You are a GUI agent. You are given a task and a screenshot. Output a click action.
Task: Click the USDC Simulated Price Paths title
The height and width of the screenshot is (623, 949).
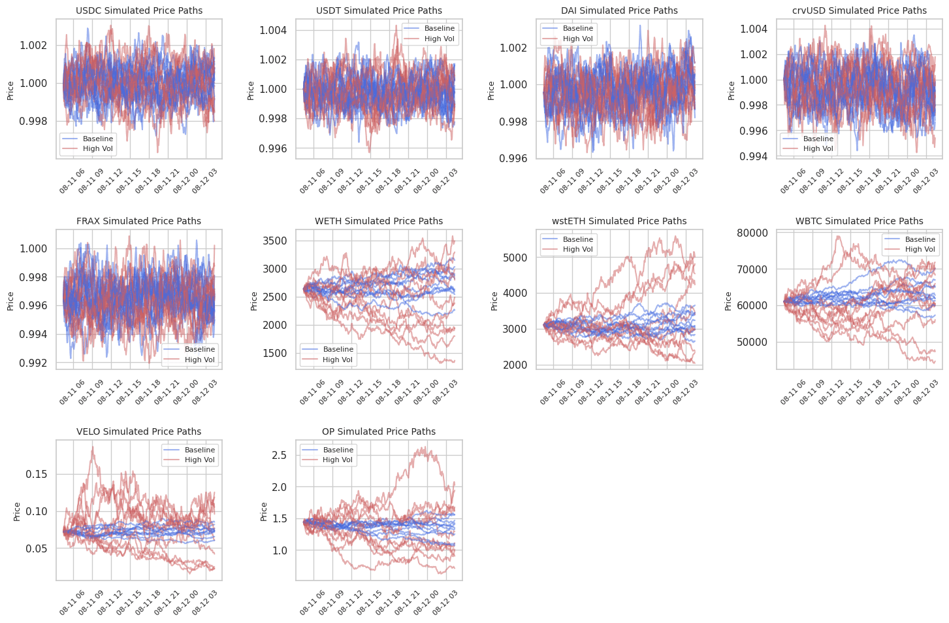click(x=139, y=10)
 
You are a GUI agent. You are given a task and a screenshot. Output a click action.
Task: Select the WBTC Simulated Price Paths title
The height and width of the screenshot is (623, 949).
click(x=860, y=221)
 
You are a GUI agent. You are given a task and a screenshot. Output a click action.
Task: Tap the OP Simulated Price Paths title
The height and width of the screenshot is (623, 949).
click(x=379, y=431)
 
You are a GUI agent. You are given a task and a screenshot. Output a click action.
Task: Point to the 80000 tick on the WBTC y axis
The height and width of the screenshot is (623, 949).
click(x=754, y=233)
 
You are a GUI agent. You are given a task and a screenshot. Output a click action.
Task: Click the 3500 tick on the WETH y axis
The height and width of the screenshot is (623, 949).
click(x=274, y=241)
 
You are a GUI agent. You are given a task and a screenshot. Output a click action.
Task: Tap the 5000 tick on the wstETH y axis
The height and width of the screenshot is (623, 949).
click(x=514, y=258)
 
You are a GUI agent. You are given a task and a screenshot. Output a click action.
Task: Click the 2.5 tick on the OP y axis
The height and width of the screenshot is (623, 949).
click(x=279, y=455)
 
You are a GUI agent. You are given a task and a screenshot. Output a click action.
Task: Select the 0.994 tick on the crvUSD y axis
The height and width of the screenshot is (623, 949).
click(x=754, y=156)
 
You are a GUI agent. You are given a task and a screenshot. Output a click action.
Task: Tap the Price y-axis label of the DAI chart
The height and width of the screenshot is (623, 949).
click(x=491, y=90)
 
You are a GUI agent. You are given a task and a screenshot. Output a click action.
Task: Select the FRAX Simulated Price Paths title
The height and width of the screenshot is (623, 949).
click(x=138, y=221)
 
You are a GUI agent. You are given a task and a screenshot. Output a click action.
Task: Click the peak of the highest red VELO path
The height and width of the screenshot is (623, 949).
click(x=93, y=446)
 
